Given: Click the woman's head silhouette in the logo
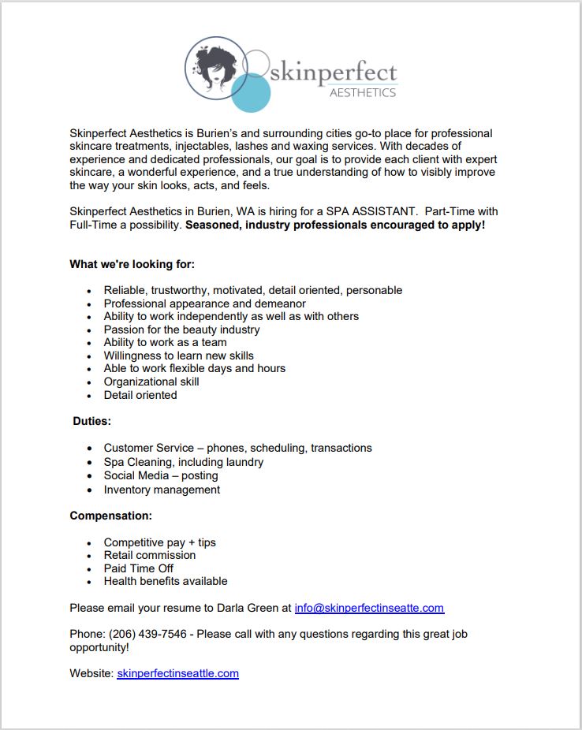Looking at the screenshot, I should pos(215,65).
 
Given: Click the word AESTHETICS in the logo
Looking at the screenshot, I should pos(362,92).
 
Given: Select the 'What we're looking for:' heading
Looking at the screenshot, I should pos(132,264).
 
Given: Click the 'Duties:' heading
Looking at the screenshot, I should pos(91,422).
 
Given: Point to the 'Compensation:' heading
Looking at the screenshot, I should pos(110,516).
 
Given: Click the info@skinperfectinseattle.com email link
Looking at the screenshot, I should pos(369,608).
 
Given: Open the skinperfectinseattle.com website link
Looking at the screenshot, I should pos(177,673).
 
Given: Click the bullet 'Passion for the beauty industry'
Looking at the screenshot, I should pos(181,330).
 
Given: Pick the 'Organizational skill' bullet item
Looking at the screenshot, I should pos(151,382).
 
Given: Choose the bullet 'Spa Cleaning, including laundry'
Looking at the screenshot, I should pos(184,462).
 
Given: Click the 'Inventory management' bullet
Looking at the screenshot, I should pos(162,490).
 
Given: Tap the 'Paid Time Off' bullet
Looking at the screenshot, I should pos(138,568).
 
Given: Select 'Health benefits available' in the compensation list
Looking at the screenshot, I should pos(166,581).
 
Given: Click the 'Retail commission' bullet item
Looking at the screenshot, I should pos(150,555).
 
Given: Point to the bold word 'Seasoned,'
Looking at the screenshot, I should pos(211,225).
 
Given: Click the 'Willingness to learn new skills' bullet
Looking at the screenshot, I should pos(179,356).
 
